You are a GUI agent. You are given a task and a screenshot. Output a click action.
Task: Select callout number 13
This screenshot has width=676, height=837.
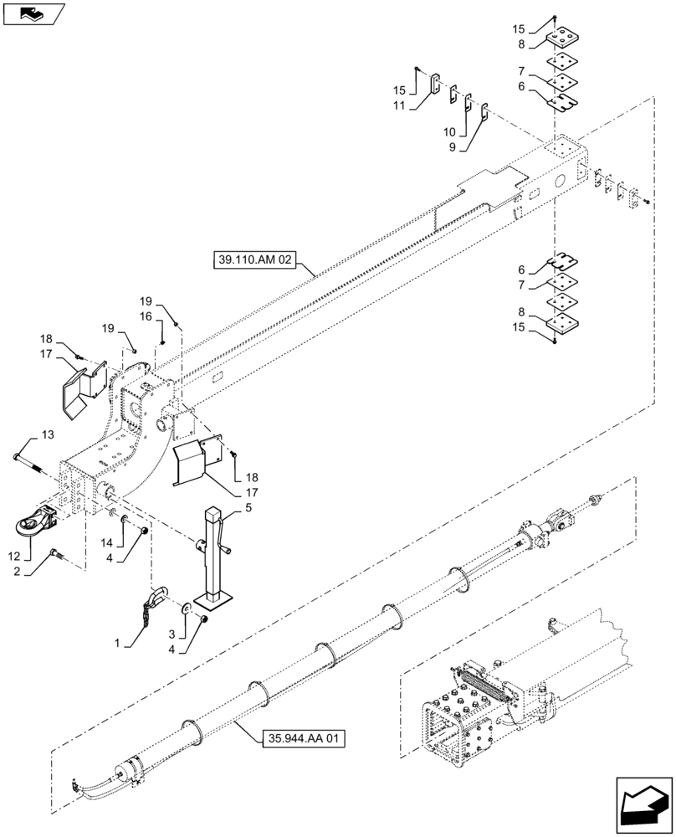pyautogui.click(x=46, y=434)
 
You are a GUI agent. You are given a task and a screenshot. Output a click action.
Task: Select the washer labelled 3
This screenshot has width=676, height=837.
pyautogui.click(x=187, y=608)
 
